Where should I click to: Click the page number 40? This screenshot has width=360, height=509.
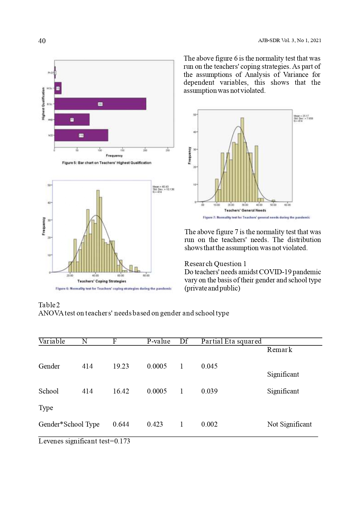(x=42, y=41)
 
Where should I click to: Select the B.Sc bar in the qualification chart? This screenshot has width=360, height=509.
(x=100, y=104)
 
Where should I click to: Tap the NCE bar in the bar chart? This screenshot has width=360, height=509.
(x=81, y=135)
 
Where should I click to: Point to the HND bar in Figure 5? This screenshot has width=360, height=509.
(x=72, y=120)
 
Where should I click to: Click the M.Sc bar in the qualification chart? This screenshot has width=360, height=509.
(x=58, y=88)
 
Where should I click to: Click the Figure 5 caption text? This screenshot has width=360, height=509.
(x=106, y=163)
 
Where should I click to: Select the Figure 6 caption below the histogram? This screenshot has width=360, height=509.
(x=113, y=288)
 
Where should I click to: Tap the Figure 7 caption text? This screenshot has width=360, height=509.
(x=256, y=217)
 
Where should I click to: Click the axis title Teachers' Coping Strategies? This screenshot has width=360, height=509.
(x=102, y=281)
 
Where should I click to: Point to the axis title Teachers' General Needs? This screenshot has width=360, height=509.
(x=245, y=210)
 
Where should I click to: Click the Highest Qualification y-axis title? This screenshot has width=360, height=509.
(x=43, y=104)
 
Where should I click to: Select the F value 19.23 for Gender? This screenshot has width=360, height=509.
(x=121, y=366)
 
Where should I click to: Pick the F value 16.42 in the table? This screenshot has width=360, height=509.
(x=121, y=391)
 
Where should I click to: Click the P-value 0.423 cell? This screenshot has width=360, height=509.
(x=155, y=424)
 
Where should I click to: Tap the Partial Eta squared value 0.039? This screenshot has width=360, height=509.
(x=209, y=391)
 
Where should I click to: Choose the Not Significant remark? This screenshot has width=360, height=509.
(x=289, y=424)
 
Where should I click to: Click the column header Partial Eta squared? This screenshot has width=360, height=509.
(x=231, y=341)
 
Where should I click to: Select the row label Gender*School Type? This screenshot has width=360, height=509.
(x=69, y=424)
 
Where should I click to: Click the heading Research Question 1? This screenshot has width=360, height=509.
(x=215, y=264)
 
